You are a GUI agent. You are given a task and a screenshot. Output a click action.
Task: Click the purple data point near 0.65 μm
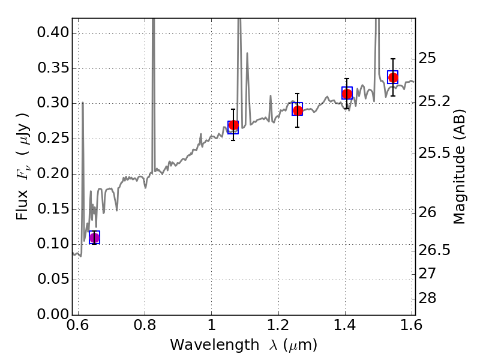pyautogui.click(x=95, y=238)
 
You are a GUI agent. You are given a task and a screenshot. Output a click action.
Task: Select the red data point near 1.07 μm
pyautogui.click(x=233, y=125)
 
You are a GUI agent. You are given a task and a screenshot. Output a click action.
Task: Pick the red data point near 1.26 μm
pyautogui.click(x=298, y=110)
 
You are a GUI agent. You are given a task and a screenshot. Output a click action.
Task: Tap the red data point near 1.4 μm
pyautogui.click(x=347, y=94)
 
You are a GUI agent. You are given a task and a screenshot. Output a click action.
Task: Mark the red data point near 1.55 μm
pyautogui.click(x=393, y=77)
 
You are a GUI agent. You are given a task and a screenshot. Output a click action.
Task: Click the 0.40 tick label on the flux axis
pyautogui.click(x=53, y=32)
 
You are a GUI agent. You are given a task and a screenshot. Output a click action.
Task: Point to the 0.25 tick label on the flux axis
pyautogui.click(x=53, y=138)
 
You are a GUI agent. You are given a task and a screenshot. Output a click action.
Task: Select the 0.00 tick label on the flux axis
pyautogui.click(x=53, y=314)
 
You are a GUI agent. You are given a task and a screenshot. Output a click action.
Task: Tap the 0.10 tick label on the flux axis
pyautogui.click(x=53, y=244)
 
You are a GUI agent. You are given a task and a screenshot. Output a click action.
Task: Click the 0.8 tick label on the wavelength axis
pyautogui.click(x=145, y=325)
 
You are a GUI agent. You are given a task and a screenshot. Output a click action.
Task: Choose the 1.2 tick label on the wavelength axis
pyautogui.click(x=278, y=325)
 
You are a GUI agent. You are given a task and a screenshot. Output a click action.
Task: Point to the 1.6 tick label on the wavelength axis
pyautogui.click(x=411, y=325)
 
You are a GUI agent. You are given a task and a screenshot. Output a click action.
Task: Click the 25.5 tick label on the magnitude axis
pyautogui.click(x=434, y=153)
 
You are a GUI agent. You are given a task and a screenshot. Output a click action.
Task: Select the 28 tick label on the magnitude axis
pyautogui.click(x=427, y=298)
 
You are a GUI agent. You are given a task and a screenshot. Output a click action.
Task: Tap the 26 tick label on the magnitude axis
pyautogui.click(x=427, y=212)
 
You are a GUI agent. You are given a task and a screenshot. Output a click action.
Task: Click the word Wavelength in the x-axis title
pyautogui.click(x=215, y=345)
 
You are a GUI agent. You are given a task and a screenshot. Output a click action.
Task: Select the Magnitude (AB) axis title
pyautogui.click(x=459, y=167)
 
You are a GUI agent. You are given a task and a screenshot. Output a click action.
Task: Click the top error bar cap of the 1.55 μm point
pyautogui.click(x=393, y=58)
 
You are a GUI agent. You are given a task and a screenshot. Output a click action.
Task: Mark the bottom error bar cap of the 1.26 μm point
pyautogui.click(x=298, y=127)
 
